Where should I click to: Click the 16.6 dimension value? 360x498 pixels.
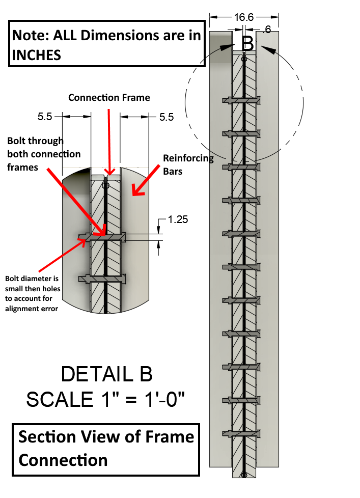click(x=244, y=17)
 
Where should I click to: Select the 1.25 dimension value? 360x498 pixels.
click(x=178, y=219)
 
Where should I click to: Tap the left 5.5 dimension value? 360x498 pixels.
click(x=45, y=117)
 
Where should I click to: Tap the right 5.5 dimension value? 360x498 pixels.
click(x=167, y=117)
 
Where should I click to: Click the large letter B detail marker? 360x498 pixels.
click(x=247, y=43)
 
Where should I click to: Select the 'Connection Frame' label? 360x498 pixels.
click(x=109, y=97)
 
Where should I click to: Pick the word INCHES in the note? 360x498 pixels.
click(x=36, y=55)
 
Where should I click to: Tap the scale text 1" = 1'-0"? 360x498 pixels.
click(x=105, y=399)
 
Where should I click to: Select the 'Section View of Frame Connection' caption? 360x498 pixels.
click(x=106, y=448)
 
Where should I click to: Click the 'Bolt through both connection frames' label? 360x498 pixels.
click(x=44, y=153)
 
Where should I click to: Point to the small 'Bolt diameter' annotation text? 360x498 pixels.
click(x=33, y=293)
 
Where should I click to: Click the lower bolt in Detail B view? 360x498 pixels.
click(x=102, y=279)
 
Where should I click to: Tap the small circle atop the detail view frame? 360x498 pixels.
click(x=105, y=186)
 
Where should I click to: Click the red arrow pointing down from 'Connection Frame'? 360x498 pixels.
click(x=109, y=137)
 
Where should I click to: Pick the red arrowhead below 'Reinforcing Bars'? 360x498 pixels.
click(x=135, y=190)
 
